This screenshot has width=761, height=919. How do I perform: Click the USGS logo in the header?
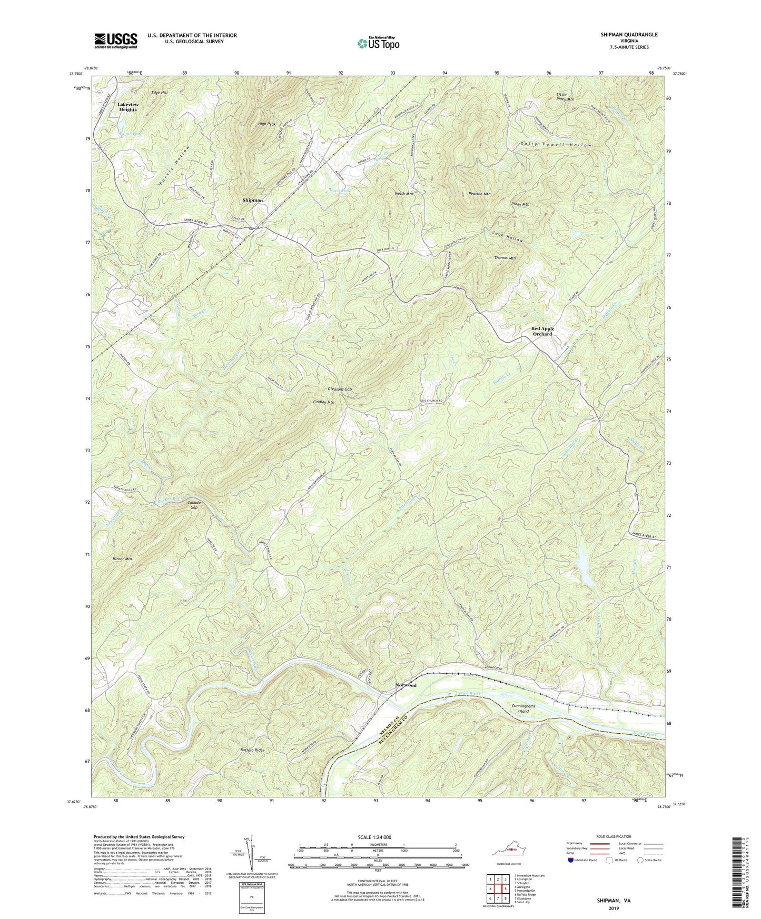coord(116,40)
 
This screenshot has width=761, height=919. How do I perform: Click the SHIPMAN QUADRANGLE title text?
coord(629,35)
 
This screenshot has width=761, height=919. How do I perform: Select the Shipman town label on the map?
coord(252,201)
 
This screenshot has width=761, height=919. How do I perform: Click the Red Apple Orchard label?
coord(542,331)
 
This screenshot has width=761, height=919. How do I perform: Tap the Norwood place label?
coord(406,685)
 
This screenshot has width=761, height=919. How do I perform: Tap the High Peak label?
coord(267,124)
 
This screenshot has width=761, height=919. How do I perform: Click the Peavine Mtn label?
coord(479,194)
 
